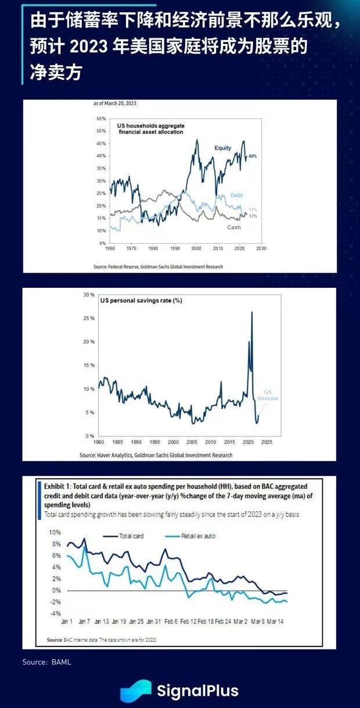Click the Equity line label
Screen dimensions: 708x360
[223, 148]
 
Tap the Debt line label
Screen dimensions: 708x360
[236, 196]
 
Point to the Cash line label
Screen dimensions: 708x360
[234, 227]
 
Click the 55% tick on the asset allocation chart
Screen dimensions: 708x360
[102, 118]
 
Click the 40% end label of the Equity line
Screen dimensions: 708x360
[253, 157]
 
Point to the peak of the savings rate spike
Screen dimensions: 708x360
[251, 313]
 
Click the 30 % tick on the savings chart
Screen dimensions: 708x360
[89, 295]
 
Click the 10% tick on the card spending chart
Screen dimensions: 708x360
[55, 532]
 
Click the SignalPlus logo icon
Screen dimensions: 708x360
[136, 691]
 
